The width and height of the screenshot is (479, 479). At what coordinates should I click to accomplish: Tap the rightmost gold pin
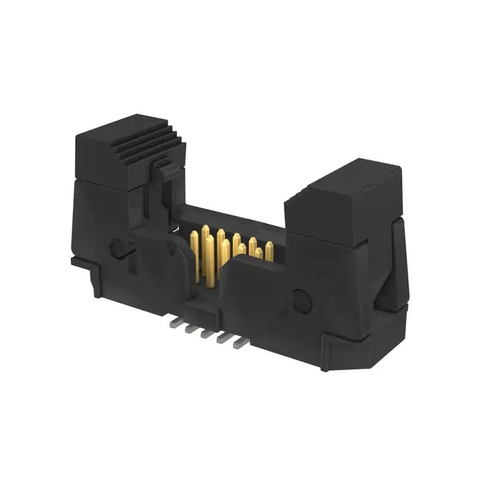pos(269,250)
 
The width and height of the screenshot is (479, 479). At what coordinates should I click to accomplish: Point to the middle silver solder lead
pos(207,333)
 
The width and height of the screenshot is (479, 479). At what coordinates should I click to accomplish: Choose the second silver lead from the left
pos(190,328)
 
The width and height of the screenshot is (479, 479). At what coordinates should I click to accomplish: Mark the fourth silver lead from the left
pos(223,338)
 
